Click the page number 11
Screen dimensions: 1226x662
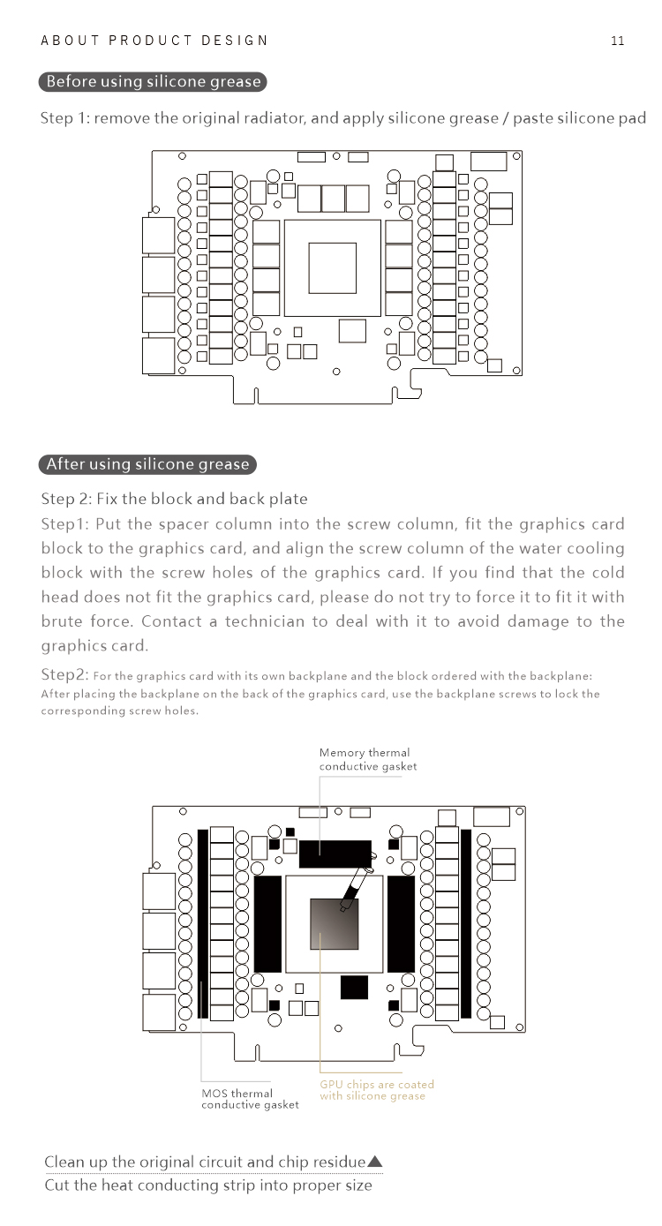tap(617, 41)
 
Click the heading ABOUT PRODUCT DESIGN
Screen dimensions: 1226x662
tap(154, 41)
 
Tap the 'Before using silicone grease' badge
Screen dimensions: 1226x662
tap(153, 82)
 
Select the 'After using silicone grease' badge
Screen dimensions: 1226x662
tap(147, 464)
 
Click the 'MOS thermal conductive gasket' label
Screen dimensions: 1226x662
tap(250, 1099)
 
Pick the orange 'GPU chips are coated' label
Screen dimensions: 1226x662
tap(377, 1090)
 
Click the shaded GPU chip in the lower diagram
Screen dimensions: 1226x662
tap(334, 925)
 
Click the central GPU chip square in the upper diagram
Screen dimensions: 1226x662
tap(333, 267)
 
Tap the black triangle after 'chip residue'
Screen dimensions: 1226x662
tap(374, 1162)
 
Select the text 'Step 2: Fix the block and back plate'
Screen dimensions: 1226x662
tap(174, 499)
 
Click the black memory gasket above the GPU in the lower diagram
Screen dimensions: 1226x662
tap(335, 853)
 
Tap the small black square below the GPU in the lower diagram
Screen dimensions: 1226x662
tap(353, 987)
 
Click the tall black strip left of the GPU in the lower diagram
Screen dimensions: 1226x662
tap(267, 923)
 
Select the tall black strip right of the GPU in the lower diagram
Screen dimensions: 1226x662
tap(401, 923)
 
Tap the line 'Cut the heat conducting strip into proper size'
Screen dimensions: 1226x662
tap(208, 1185)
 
